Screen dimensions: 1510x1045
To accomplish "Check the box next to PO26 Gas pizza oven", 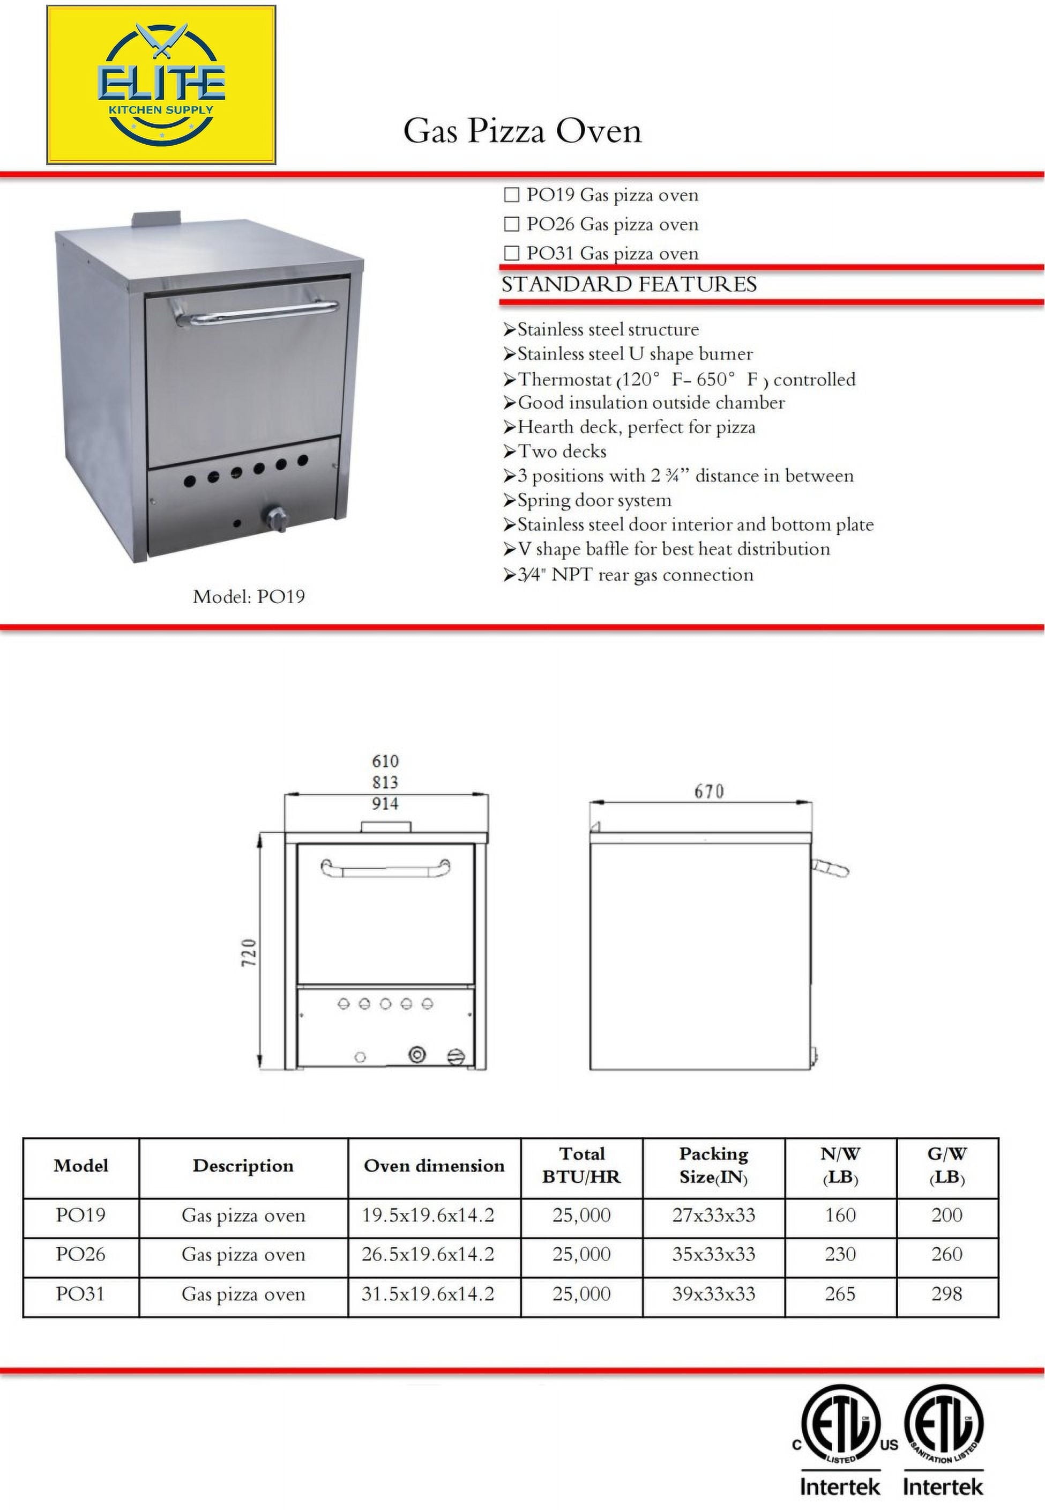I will click(511, 224).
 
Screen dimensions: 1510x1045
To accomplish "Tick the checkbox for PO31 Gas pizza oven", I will click(511, 253).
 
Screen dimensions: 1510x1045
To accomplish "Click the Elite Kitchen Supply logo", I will click(161, 85).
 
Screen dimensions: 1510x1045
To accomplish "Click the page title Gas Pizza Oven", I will click(522, 131).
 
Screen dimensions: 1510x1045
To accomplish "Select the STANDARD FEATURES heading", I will click(629, 284).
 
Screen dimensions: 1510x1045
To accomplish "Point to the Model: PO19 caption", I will click(248, 597).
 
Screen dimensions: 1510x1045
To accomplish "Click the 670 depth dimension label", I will click(708, 792).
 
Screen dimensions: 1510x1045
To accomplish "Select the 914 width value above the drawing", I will click(385, 804).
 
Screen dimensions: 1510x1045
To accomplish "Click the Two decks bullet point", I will click(562, 451).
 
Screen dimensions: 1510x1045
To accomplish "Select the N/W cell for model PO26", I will click(840, 1255).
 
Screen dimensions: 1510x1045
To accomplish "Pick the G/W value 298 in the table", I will click(947, 1294).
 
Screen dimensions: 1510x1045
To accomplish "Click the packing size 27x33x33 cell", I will click(713, 1215).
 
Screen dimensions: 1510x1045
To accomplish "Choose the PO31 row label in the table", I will click(80, 1294).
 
